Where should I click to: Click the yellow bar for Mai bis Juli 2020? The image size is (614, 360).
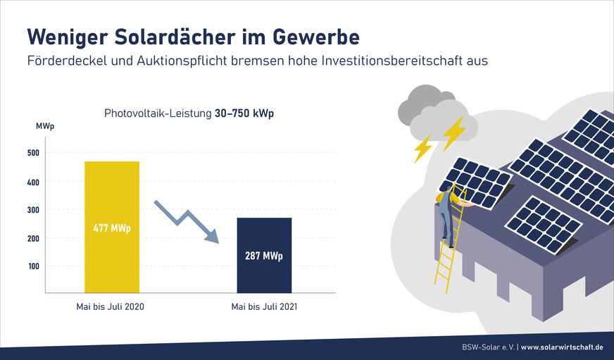point(112,197)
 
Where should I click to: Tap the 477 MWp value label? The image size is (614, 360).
point(112,228)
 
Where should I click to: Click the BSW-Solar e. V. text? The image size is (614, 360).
point(484,347)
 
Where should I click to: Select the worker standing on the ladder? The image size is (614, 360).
point(445,215)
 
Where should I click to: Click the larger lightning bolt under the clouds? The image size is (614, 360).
point(453,132)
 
